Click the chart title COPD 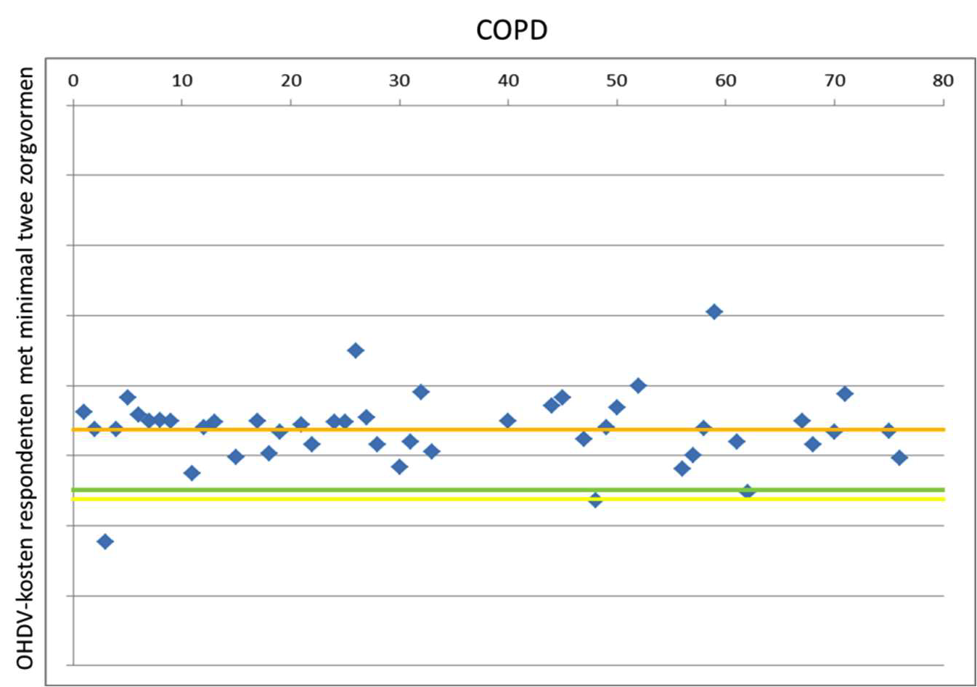[511, 30]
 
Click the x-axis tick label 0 [73, 81]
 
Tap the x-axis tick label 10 [181, 81]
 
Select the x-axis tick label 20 [290, 81]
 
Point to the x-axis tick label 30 [399, 81]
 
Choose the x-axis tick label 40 [508, 81]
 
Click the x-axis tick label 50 [617, 81]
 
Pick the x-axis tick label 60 [726, 81]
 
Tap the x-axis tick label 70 [835, 81]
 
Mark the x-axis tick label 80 [943, 81]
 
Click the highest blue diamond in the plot [714, 312]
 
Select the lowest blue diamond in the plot [105, 541]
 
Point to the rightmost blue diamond [899, 458]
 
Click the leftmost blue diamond [83, 412]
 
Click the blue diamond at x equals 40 [508, 421]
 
